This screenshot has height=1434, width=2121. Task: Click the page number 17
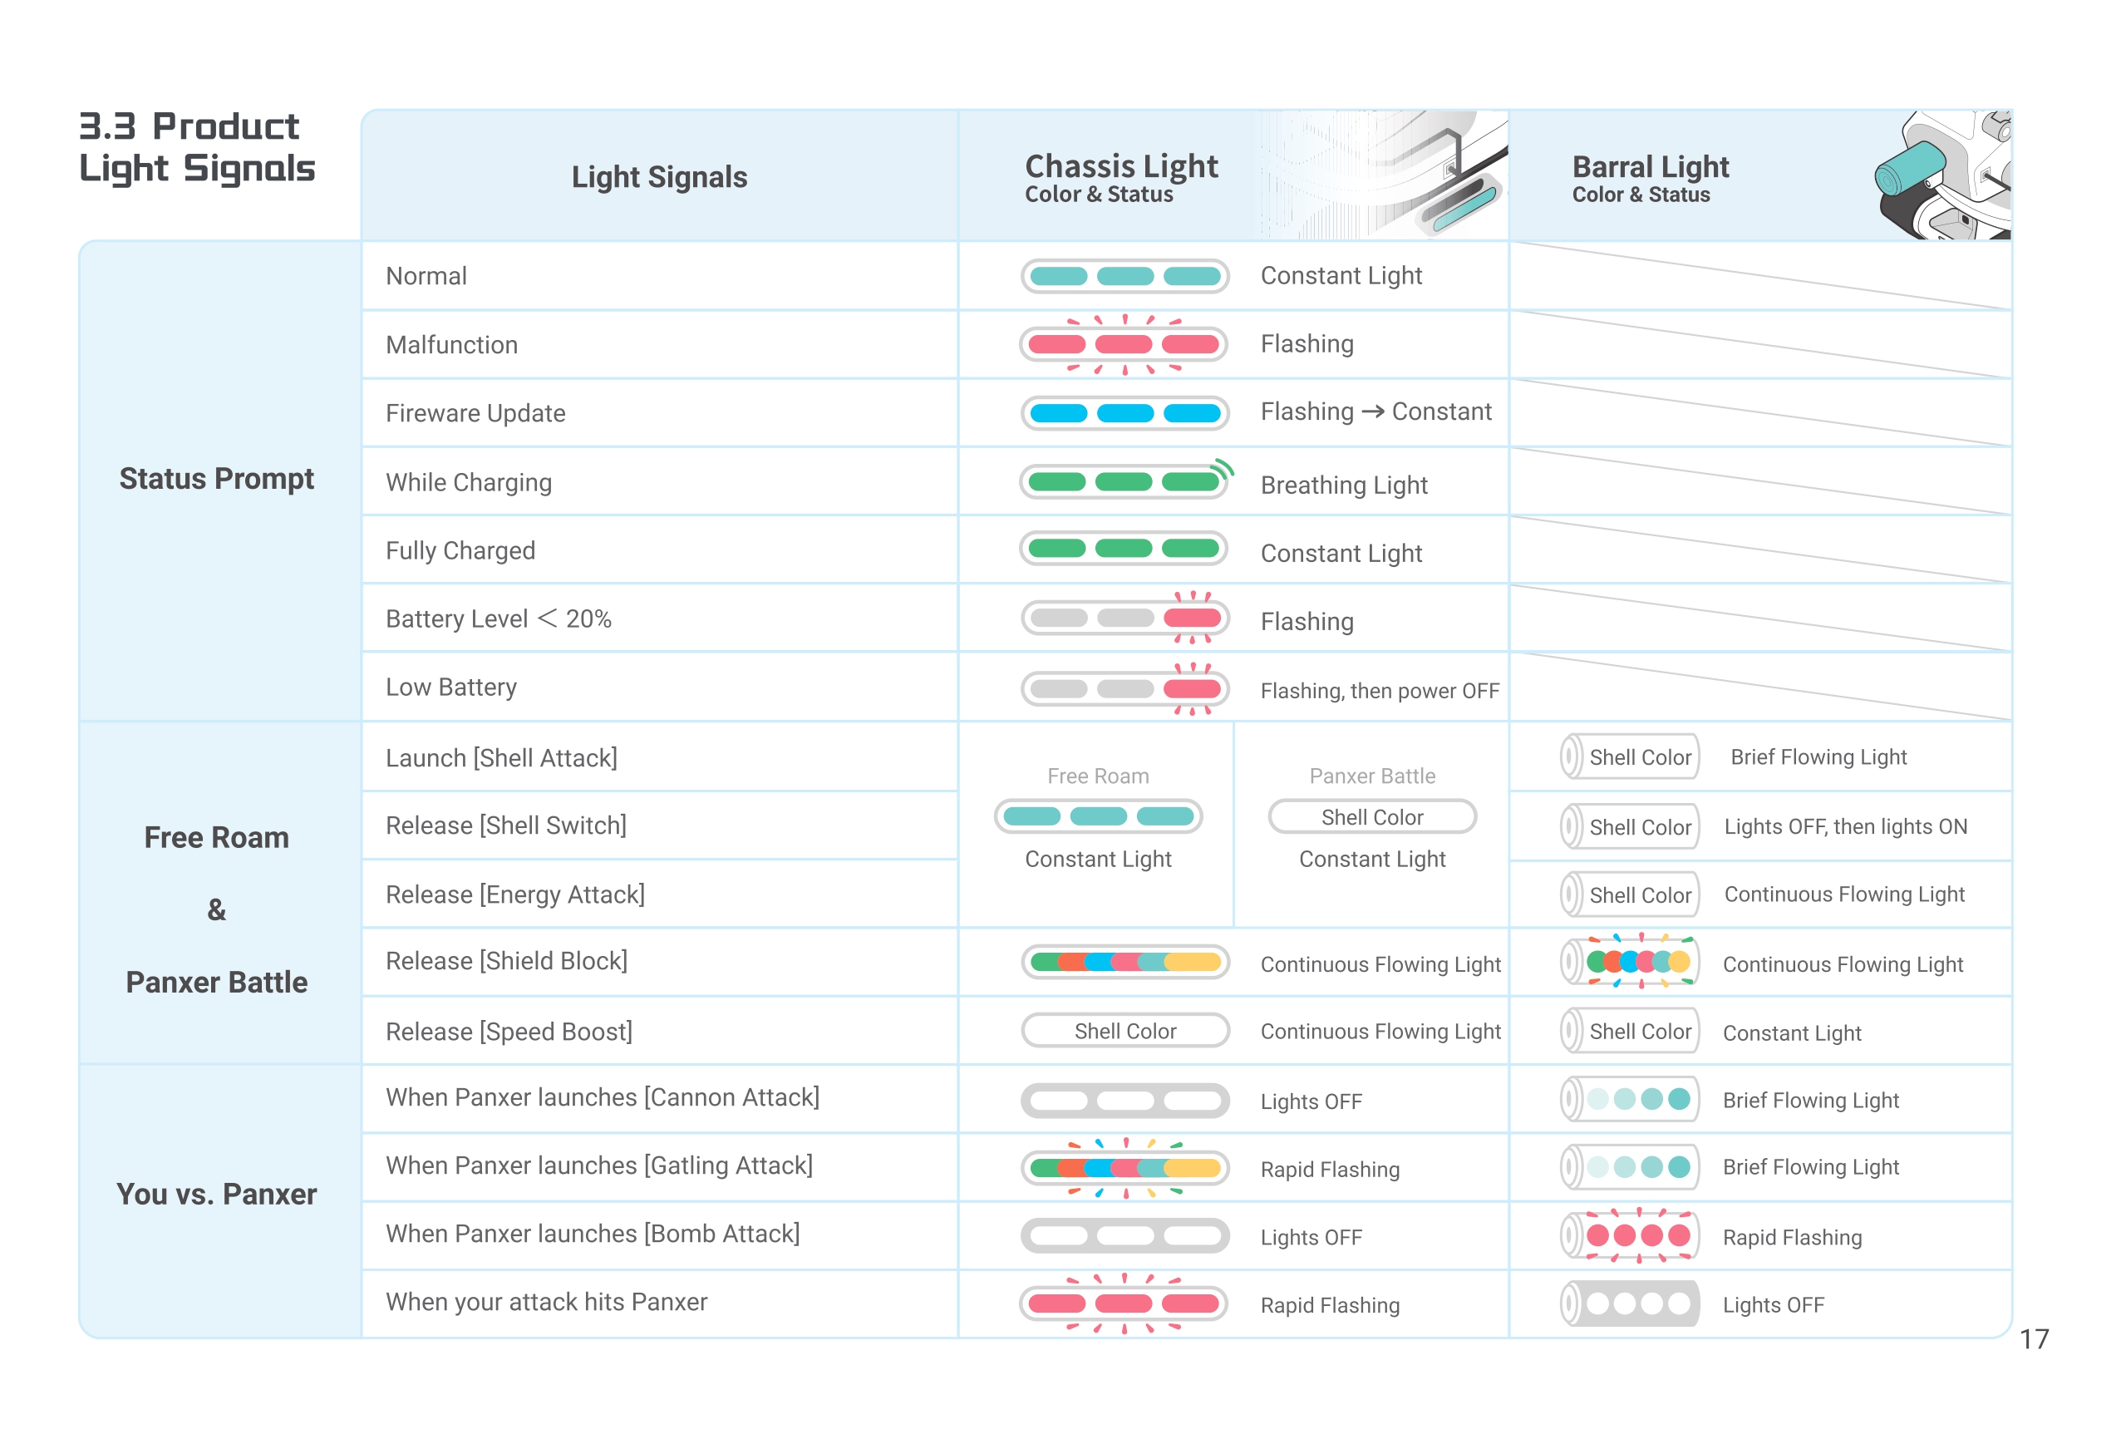(x=2034, y=1338)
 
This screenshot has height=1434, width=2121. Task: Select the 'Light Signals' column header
(x=659, y=177)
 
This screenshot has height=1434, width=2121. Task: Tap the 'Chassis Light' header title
(x=1120, y=166)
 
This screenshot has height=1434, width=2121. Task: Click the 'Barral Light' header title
(x=1650, y=167)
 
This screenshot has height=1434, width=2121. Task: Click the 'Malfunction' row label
(x=452, y=345)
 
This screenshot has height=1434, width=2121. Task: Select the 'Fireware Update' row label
(x=475, y=413)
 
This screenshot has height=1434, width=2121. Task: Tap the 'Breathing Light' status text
(x=1343, y=485)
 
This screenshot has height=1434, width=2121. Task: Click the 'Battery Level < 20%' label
(x=499, y=618)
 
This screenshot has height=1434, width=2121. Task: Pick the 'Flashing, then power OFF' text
(x=1379, y=691)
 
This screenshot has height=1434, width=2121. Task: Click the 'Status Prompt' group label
(x=216, y=478)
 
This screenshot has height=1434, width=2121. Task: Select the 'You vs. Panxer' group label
(x=216, y=1194)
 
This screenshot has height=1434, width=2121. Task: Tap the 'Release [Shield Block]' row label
(x=506, y=961)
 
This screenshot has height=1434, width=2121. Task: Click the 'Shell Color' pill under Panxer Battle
(x=1371, y=817)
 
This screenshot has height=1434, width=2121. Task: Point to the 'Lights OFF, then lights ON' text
(x=1844, y=827)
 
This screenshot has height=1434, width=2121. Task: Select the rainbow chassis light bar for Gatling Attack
(x=1124, y=1168)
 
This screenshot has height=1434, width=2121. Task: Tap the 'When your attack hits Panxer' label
(x=547, y=1302)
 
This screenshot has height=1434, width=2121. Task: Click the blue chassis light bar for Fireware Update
(x=1124, y=413)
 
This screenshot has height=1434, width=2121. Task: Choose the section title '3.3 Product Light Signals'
(x=196, y=148)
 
